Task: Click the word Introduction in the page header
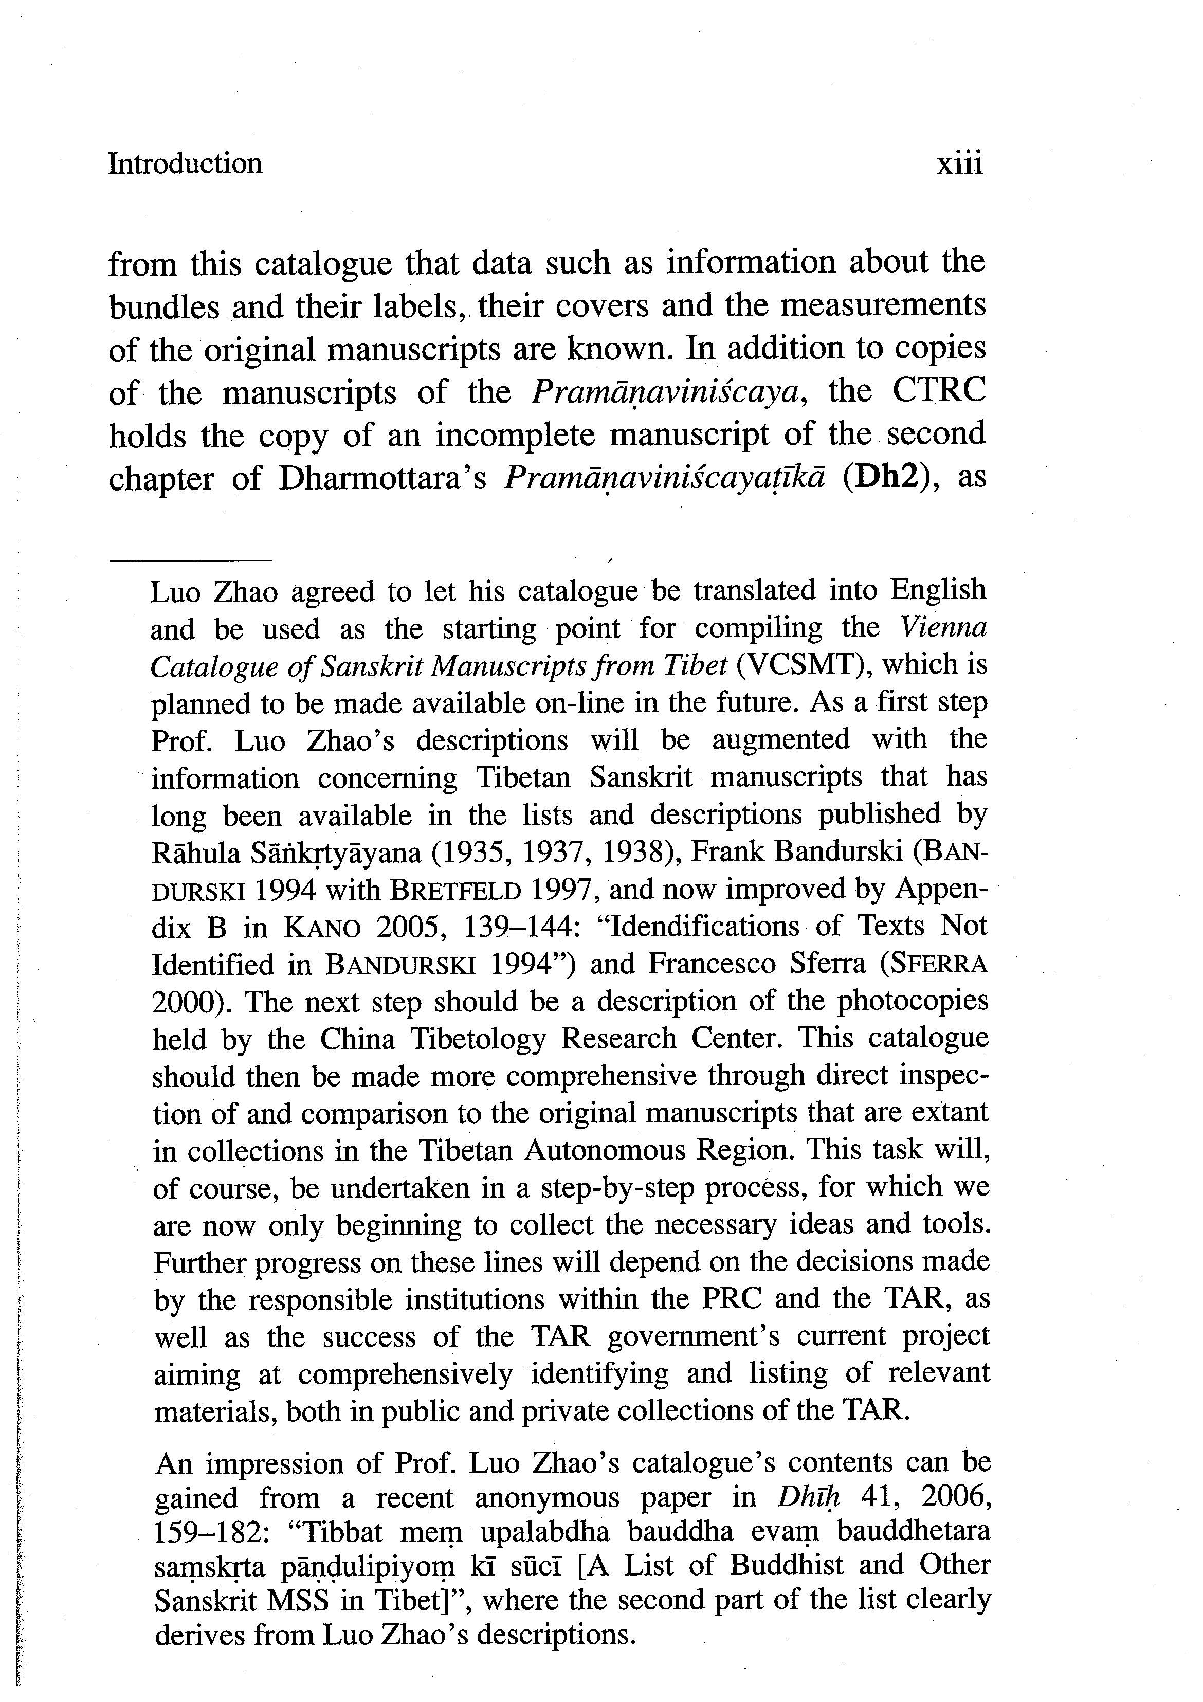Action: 185,164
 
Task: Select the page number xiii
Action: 959,164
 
